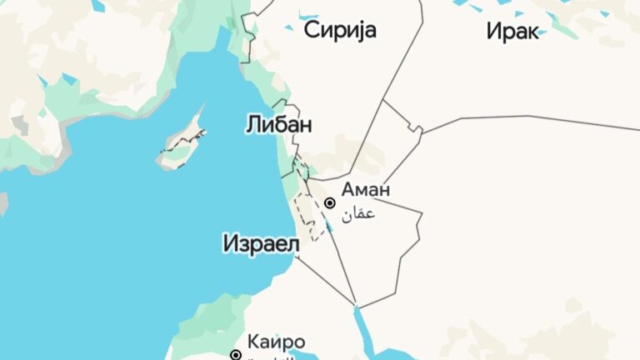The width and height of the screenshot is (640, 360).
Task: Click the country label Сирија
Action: [x=340, y=32]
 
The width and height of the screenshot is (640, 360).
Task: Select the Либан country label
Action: [x=278, y=125]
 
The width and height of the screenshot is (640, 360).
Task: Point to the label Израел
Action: [x=261, y=243]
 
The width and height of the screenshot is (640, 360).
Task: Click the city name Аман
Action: [x=365, y=190]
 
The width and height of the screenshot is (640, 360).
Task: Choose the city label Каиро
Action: [x=276, y=342]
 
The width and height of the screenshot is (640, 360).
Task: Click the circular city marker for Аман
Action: [x=330, y=202]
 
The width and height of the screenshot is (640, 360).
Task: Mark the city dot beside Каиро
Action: [x=236, y=355]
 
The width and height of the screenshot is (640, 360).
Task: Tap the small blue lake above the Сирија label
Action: [x=309, y=15]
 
